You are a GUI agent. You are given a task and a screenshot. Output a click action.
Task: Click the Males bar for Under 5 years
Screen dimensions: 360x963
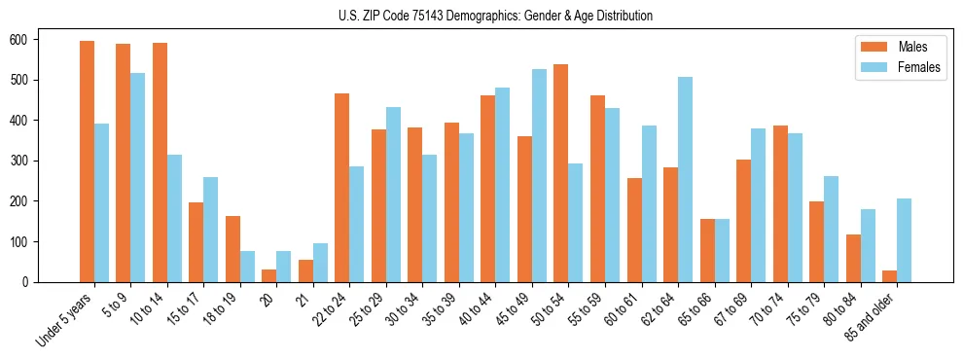pos(87,162)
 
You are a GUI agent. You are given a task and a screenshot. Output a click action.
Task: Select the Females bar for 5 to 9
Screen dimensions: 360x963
pos(138,177)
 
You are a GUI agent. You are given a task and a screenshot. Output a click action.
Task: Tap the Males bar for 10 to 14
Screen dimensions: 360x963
pos(160,162)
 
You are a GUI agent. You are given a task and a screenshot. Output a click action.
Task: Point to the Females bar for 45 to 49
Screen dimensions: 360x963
pos(539,175)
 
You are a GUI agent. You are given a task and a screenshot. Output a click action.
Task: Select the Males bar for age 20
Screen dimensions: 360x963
pos(269,275)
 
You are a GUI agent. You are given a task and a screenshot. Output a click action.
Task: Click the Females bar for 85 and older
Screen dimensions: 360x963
pos(904,240)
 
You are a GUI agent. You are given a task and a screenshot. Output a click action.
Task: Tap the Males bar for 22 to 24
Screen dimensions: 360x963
pos(342,188)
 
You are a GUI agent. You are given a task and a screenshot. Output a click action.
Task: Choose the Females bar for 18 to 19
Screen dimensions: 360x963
pos(247,267)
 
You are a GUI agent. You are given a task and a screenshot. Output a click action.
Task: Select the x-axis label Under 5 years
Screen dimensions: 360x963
pos(65,320)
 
